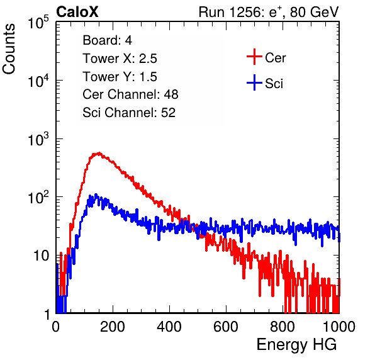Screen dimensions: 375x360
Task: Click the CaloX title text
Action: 77,12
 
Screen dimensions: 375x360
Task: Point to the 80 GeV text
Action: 315,12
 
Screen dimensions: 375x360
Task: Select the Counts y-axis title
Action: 9,49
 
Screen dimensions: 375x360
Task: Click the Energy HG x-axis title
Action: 296,345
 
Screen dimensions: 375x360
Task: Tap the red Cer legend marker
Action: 254,57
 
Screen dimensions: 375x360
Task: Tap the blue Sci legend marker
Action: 254,82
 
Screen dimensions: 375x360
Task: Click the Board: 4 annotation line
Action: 107,40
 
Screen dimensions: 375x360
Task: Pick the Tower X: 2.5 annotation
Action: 120,59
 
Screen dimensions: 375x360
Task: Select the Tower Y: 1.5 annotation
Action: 120,77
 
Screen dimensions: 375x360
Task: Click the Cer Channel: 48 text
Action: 130,94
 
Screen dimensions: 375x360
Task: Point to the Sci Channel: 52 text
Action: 129,113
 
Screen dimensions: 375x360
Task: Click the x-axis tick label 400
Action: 169,327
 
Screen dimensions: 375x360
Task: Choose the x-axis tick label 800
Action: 283,327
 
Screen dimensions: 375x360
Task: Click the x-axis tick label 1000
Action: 339,327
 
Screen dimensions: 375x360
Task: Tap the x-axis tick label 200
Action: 113,327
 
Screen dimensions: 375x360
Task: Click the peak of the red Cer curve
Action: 99,153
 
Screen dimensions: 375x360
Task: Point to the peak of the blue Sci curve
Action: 96,194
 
